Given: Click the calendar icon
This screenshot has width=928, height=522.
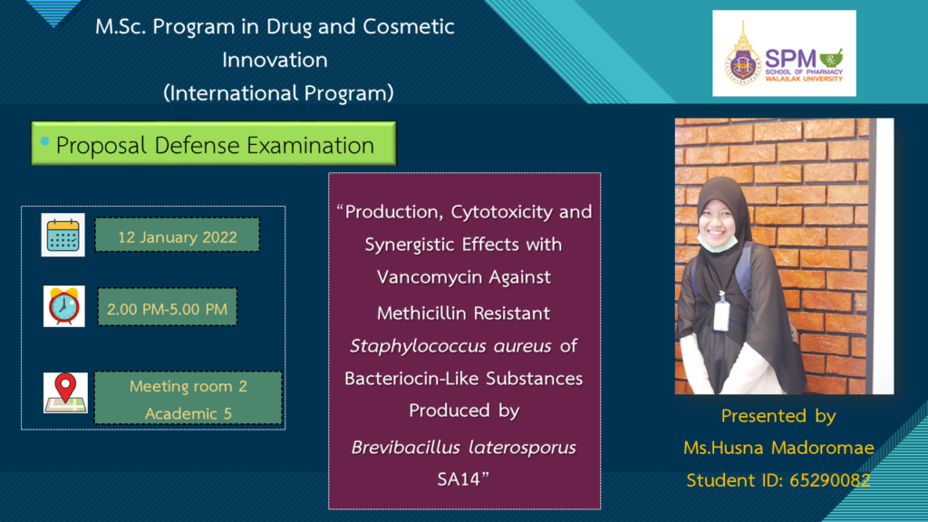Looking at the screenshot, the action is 63,235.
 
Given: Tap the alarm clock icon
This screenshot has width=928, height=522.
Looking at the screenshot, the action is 64,306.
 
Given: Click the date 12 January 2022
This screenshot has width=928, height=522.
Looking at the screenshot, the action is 178,237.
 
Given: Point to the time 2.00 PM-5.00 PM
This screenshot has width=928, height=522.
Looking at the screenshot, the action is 167,309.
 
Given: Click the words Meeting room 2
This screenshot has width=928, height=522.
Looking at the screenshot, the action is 188,386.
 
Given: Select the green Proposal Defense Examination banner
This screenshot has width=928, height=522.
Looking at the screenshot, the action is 214,144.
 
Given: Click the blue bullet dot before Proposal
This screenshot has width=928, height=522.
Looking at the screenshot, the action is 44,141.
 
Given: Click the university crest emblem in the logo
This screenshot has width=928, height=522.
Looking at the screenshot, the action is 743,56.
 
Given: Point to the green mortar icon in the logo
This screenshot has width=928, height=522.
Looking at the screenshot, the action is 832,58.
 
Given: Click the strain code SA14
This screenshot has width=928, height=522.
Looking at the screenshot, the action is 459,478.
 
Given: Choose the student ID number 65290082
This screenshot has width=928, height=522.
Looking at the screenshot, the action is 830,480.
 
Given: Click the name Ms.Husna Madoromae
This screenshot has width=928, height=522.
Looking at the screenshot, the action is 778,448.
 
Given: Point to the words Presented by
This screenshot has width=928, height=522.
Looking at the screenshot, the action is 778,416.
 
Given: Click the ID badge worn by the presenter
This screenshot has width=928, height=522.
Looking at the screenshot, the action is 721,314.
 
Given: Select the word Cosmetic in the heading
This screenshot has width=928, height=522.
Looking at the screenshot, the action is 409,26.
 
